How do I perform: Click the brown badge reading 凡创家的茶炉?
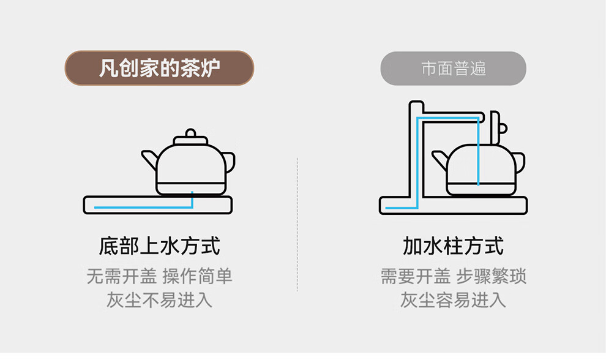coord(159,68)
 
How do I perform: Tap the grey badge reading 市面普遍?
coord(453,68)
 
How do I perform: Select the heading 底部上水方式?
coord(159,246)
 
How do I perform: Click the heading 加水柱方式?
coord(453,246)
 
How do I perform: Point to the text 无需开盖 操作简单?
coord(159,276)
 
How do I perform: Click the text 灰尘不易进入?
coord(159,301)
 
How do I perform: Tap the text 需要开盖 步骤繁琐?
coord(453,276)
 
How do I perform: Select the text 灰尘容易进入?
coord(453,301)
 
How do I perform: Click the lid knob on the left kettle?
coord(191,133)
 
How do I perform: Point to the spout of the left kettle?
coord(149,160)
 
